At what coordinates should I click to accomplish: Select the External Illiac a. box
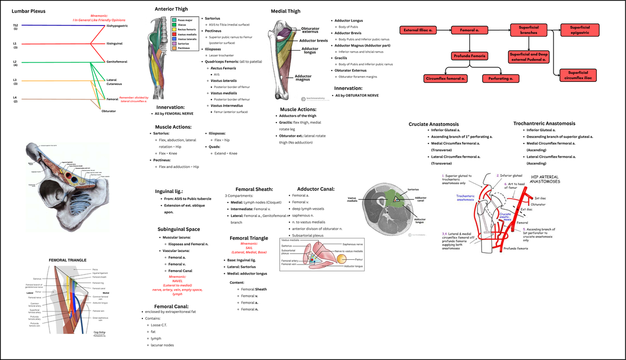[x=420, y=31]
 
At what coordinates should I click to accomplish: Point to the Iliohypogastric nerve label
[x=117, y=26]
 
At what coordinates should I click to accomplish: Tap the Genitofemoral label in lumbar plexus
[x=117, y=62]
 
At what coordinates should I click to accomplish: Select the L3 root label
[x=15, y=79]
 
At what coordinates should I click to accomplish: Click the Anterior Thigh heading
[x=171, y=9]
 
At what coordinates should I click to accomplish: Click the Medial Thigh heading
[x=285, y=11]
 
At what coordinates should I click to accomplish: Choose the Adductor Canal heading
[x=316, y=189]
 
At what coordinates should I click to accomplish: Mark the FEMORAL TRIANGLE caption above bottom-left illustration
[x=67, y=259]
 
